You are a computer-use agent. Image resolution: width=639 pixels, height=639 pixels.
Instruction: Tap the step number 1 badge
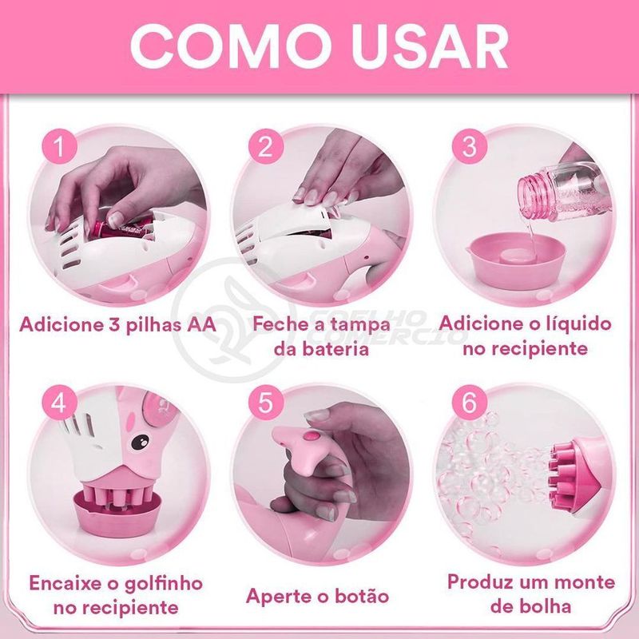point(60,147)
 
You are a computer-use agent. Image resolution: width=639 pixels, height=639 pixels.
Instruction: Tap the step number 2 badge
point(265,147)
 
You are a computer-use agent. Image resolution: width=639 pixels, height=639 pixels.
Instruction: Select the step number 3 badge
point(470,147)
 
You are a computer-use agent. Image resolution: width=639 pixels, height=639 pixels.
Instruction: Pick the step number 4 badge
point(59,403)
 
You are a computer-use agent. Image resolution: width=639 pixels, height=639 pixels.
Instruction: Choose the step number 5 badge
point(265,403)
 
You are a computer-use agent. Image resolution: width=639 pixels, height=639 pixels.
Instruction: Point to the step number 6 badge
point(470,403)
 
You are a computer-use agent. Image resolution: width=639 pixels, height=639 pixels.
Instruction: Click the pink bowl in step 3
point(517,262)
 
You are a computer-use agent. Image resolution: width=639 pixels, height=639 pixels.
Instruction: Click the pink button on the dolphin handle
point(312,436)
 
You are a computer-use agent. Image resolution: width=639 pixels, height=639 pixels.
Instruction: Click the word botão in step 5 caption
point(362,596)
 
